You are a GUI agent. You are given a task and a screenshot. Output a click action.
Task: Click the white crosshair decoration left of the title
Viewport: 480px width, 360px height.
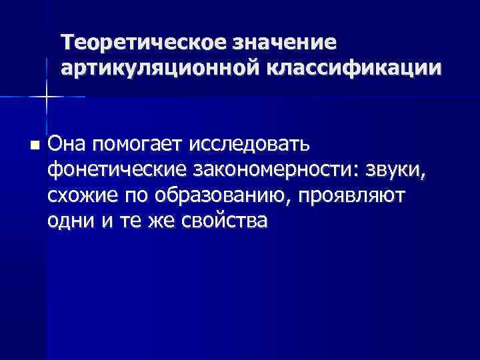click(x=46, y=97)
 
